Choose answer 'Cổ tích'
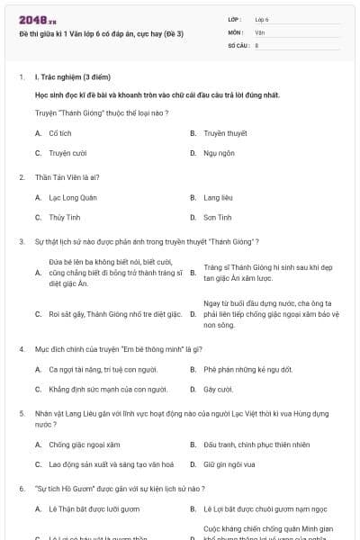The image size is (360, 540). click(x=61, y=132)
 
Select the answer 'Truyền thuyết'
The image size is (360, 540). click(x=225, y=132)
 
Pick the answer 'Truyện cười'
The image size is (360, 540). click(x=67, y=153)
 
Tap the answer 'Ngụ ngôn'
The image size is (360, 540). click(x=219, y=153)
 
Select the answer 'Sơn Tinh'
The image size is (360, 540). click(x=218, y=217)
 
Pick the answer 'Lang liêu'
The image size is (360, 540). click(x=219, y=197)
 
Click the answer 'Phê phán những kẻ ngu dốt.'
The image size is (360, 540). click(x=243, y=369)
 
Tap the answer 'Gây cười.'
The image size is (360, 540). click(x=218, y=389)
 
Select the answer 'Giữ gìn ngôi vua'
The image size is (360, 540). click(x=229, y=464)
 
